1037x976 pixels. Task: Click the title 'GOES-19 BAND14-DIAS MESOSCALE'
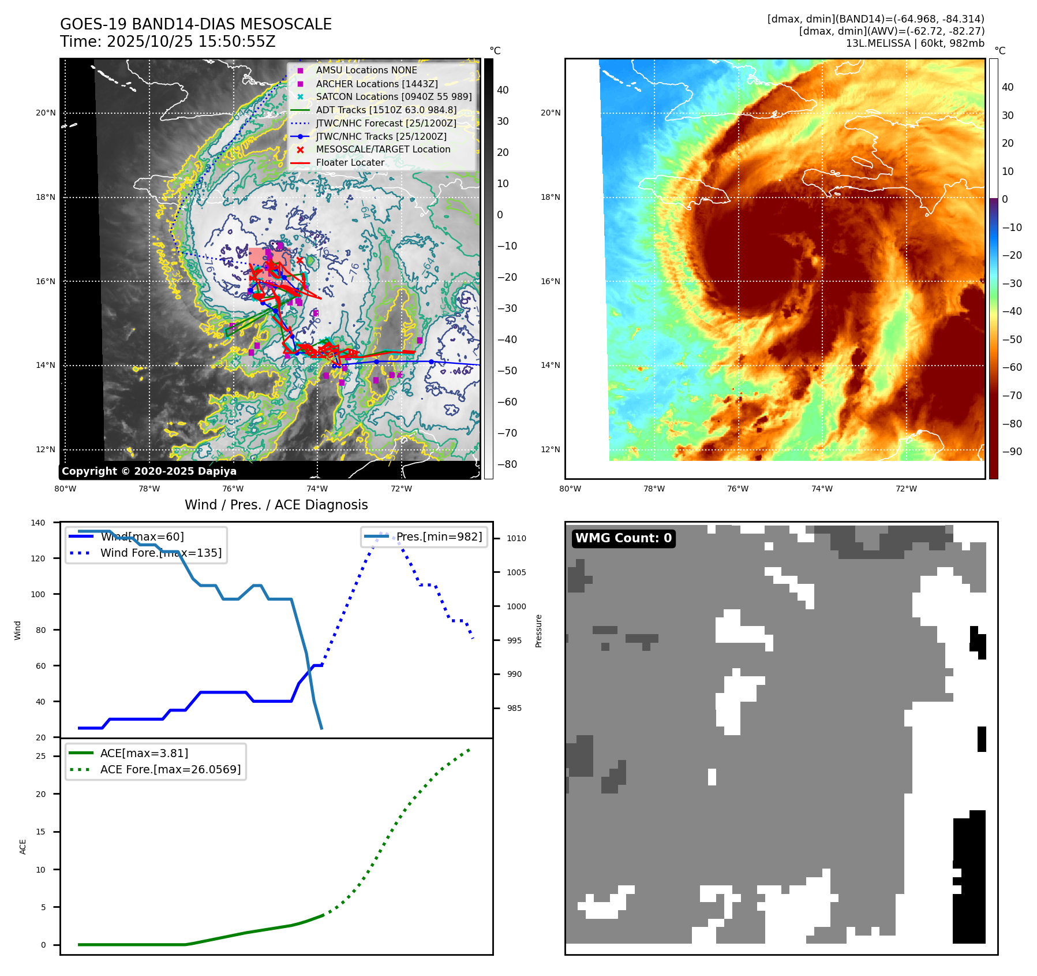pos(196,24)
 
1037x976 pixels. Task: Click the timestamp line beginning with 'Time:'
pos(167,42)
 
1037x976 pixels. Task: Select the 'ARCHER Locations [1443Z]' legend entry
pos(376,84)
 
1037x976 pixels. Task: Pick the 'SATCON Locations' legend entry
pos(394,96)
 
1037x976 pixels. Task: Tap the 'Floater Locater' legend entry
pos(350,162)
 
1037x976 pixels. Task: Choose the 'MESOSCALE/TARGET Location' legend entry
pos(383,149)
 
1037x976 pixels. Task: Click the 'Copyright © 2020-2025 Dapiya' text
pos(149,471)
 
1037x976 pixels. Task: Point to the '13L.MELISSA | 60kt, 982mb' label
pos(915,43)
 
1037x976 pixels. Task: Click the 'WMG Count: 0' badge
pos(623,538)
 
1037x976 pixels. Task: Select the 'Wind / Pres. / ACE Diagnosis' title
pos(276,505)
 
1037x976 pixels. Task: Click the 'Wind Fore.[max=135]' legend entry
pos(160,553)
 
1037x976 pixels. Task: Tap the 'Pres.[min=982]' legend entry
pos(439,537)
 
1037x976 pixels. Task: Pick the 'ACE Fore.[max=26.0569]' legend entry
pos(170,769)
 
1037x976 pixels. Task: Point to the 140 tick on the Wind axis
pos(38,523)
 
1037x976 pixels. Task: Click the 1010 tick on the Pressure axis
pos(516,538)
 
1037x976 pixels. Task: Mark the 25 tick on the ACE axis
pos(40,756)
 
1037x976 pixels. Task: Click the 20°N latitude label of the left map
pos(46,113)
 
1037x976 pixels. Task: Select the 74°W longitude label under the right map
pos(822,489)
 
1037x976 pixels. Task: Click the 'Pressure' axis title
pos(538,631)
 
